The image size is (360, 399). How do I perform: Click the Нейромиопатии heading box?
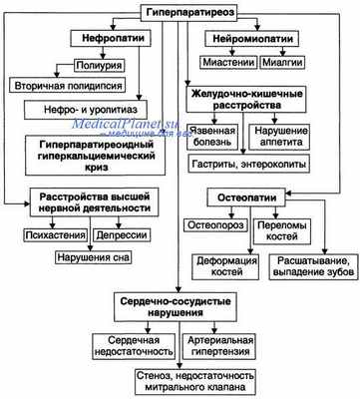(251, 38)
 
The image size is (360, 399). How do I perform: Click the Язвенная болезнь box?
(213, 136)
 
